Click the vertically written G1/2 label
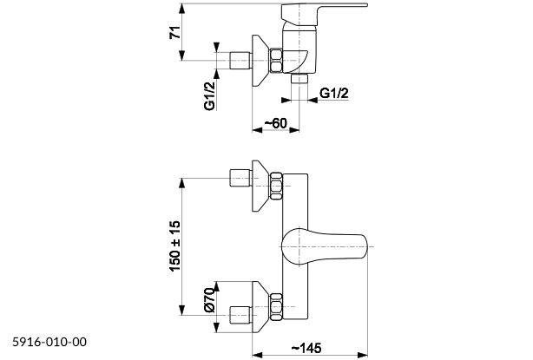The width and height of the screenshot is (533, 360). click(x=209, y=95)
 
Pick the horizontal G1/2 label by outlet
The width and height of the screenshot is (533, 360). click(x=334, y=94)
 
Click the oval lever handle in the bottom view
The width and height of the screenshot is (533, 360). click(x=320, y=247)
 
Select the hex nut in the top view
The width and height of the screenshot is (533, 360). click(x=276, y=61)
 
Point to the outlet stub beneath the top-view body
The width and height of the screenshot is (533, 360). click(x=300, y=77)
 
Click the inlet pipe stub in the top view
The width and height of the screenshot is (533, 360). click(x=238, y=61)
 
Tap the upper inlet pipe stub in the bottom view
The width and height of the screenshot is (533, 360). click(x=238, y=180)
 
